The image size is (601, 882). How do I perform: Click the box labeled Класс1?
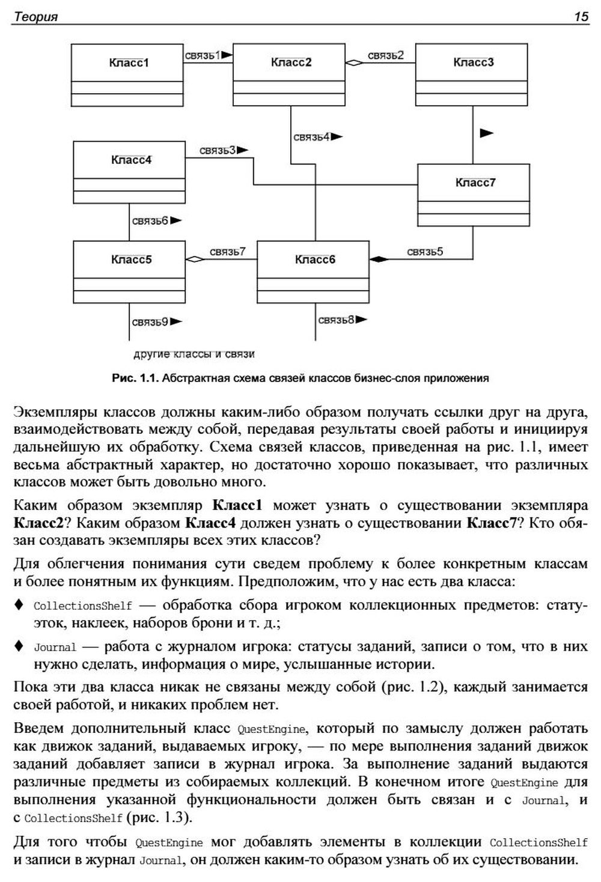click(127, 62)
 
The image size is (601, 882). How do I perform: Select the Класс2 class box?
click(290, 62)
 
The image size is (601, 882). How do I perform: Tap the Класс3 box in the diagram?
click(473, 62)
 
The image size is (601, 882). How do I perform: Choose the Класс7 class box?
click(474, 183)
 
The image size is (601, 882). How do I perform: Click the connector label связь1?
click(203, 55)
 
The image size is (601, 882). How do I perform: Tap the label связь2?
click(386, 55)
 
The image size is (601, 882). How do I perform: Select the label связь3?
click(218, 150)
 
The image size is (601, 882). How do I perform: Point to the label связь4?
click(311, 137)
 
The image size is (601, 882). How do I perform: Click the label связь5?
click(425, 252)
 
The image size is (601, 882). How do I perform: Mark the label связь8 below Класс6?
click(336, 320)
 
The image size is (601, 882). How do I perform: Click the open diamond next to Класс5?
click(194, 260)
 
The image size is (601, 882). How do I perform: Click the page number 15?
click(581, 17)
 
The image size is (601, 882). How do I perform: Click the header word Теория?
click(36, 17)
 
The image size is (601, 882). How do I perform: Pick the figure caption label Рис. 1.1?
click(134, 379)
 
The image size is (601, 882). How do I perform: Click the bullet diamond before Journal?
click(19, 646)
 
